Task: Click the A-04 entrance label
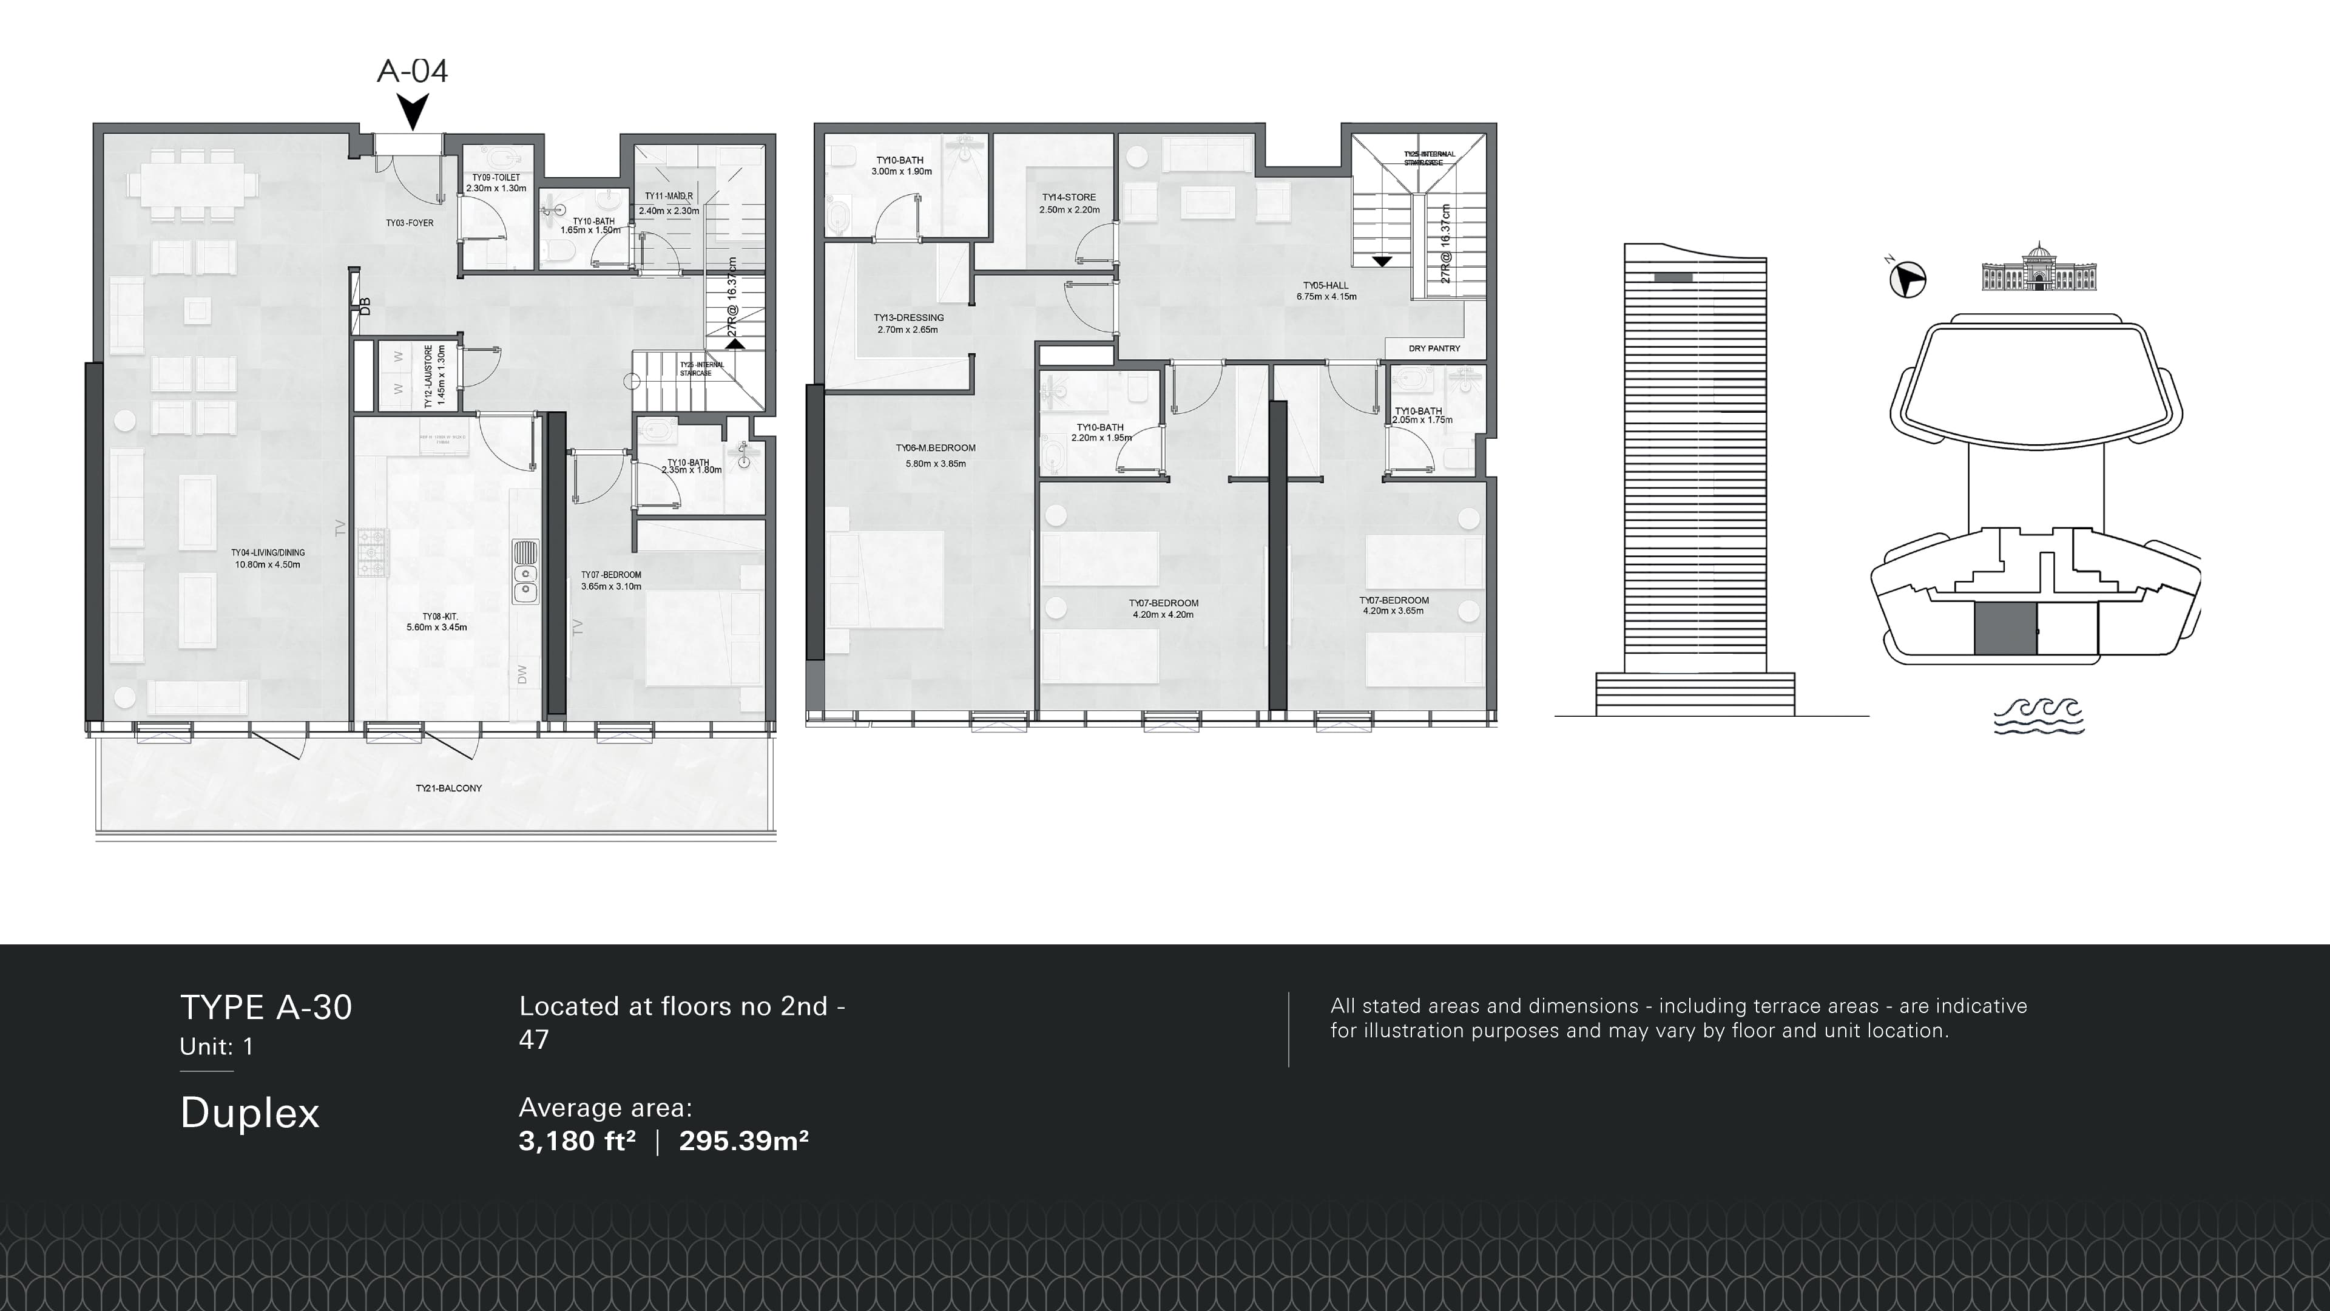pos(413,70)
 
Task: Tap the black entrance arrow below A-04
pos(413,112)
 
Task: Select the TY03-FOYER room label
pos(410,223)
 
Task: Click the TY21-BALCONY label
pos(448,788)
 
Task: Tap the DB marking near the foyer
pos(365,307)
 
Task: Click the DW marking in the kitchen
pos(522,674)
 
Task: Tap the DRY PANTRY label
pos(1434,348)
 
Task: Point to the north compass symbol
pos(1908,279)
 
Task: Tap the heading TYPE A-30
pos(266,1007)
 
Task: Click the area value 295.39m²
pos(743,1141)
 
